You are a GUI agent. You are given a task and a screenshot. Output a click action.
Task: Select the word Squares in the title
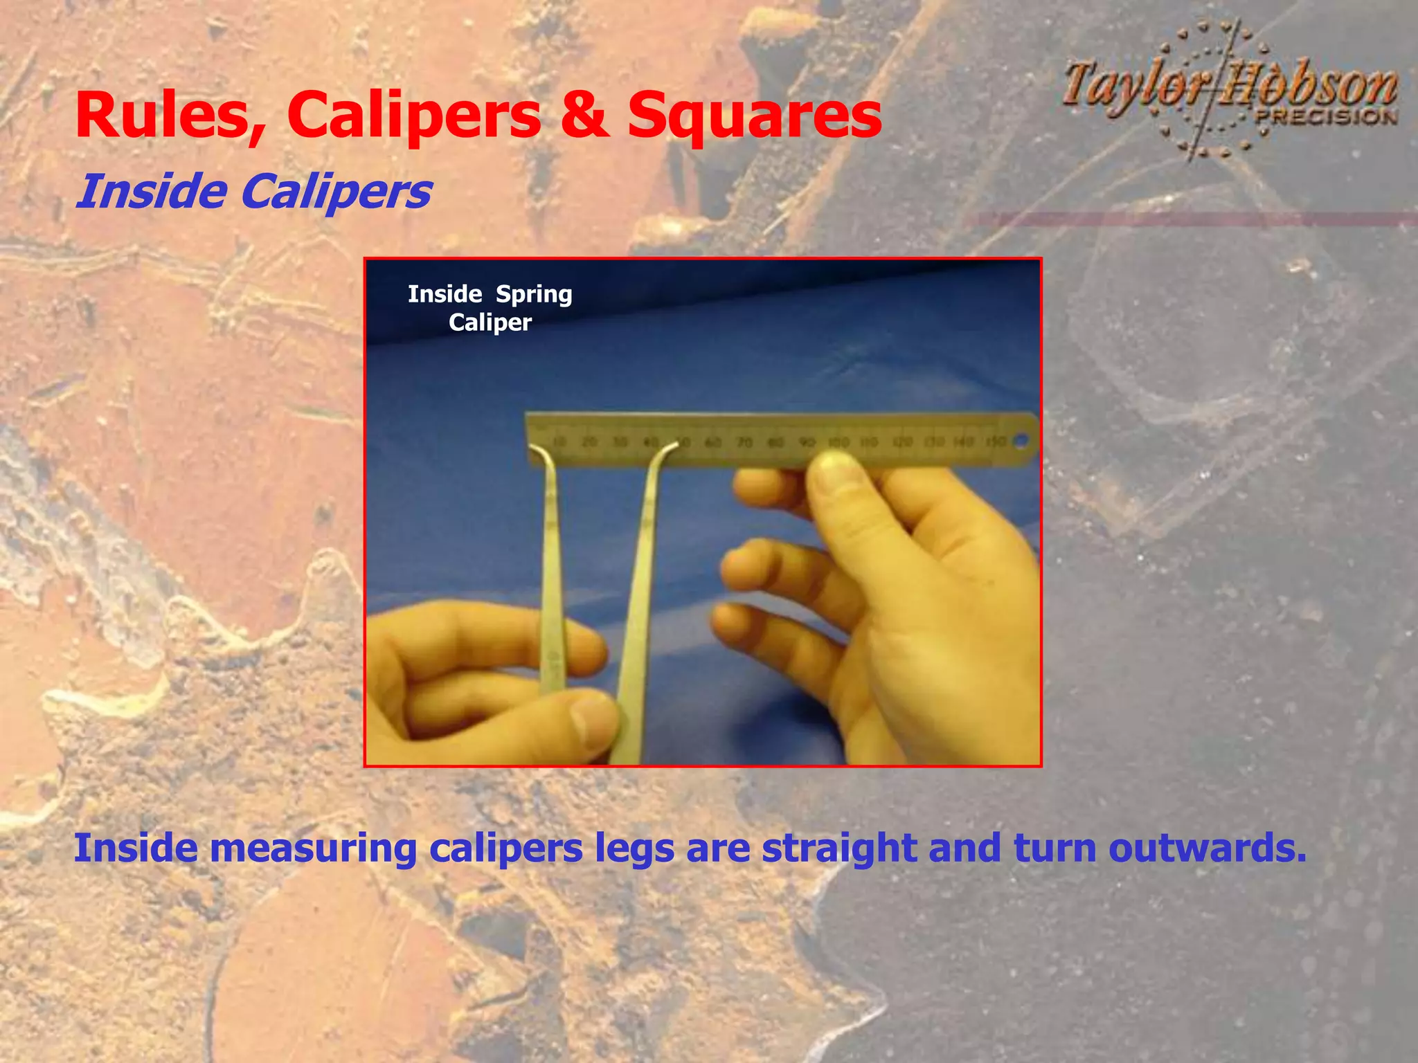[754, 116]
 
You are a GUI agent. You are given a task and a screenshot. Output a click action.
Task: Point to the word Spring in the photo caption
[534, 295]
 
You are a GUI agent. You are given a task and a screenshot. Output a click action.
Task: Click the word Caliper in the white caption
[490, 322]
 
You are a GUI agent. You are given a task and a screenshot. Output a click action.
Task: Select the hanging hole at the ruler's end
[1020, 439]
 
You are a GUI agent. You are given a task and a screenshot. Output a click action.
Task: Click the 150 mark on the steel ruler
[995, 442]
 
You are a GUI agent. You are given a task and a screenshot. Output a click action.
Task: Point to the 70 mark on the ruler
[744, 442]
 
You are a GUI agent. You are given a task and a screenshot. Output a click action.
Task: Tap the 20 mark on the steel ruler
[589, 442]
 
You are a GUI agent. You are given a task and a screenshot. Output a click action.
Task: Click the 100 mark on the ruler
[838, 442]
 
